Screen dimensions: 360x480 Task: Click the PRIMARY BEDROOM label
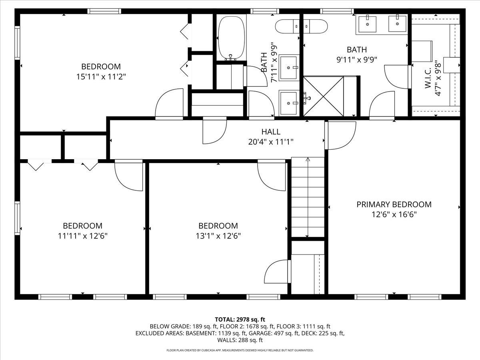tap(394, 204)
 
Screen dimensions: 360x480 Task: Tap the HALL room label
tap(271, 132)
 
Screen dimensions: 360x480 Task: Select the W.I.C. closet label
tap(427, 78)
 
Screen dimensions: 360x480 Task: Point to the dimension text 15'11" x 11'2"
tap(101, 76)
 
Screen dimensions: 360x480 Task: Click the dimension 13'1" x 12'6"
tap(218, 236)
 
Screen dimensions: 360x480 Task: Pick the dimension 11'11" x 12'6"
tap(82, 236)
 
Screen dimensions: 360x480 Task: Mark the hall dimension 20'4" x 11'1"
tap(271, 141)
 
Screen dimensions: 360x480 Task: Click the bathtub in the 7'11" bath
tap(231, 38)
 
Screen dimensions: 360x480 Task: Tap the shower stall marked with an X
tap(323, 96)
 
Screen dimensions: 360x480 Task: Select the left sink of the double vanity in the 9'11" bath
tap(367, 24)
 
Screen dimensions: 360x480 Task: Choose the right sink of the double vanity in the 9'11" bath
tap(397, 24)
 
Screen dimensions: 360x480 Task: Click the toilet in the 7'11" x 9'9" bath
tap(287, 26)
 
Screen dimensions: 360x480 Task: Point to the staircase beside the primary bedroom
tap(307, 198)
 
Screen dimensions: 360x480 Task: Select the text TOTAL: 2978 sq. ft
tap(240, 319)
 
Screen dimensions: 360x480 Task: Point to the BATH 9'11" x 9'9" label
tap(356, 55)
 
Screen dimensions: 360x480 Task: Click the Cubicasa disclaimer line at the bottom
tap(240, 350)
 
